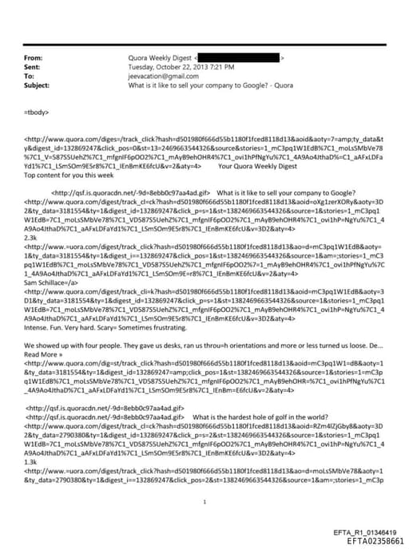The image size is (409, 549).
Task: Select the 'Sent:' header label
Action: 34,67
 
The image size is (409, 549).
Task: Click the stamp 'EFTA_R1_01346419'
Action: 364,531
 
